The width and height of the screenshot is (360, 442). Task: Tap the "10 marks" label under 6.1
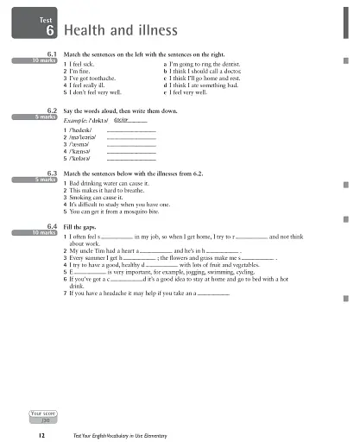tap(42, 61)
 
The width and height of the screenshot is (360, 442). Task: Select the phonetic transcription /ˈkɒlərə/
tap(83, 160)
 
